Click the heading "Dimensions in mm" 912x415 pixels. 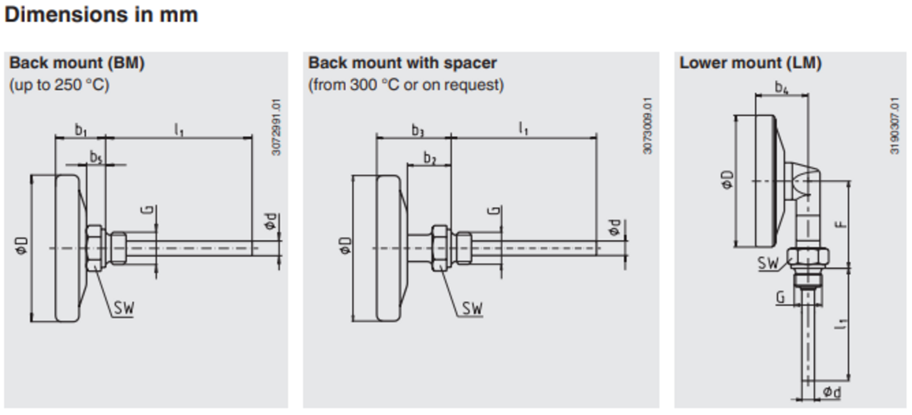(101, 15)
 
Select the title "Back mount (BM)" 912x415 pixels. (77, 63)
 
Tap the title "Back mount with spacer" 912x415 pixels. (402, 63)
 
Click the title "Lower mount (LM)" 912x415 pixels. (750, 63)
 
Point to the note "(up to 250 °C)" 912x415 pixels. (59, 85)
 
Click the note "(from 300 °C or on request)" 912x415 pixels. (406, 85)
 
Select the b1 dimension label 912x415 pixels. (81, 129)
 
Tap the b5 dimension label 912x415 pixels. (96, 157)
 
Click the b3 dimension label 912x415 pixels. (417, 129)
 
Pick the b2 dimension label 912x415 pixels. (430, 159)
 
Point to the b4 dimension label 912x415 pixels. (781, 87)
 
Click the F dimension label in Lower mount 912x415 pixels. (841, 224)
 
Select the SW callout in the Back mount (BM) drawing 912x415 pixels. (123, 309)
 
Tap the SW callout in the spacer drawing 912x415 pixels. (472, 309)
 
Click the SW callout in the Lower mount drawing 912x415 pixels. (769, 263)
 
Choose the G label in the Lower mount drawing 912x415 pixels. (781, 297)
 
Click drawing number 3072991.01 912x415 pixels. (277, 129)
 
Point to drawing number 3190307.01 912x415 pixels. (895, 126)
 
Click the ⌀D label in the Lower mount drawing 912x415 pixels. (727, 180)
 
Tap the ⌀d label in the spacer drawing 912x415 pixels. (615, 228)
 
